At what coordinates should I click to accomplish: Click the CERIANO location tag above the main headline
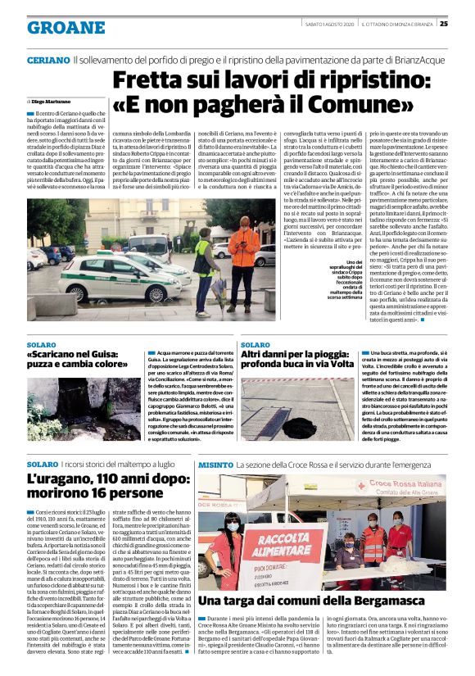[47, 61]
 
